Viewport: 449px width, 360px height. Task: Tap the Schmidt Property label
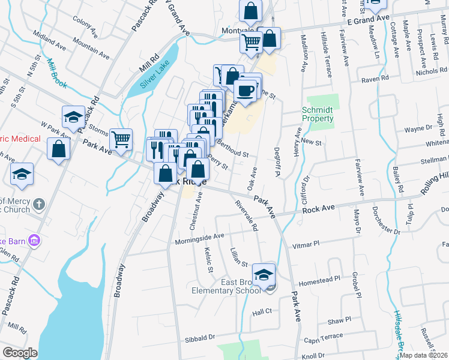point(318,115)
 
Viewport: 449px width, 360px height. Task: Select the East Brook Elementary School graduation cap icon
point(264,275)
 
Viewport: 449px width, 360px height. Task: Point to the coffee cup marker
point(245,91)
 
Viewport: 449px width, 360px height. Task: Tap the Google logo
point(20,353)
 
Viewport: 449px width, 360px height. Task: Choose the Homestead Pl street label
point(324,279)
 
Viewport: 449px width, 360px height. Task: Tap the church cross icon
point(40,204)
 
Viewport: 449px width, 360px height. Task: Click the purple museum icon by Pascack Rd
point(34,241)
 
